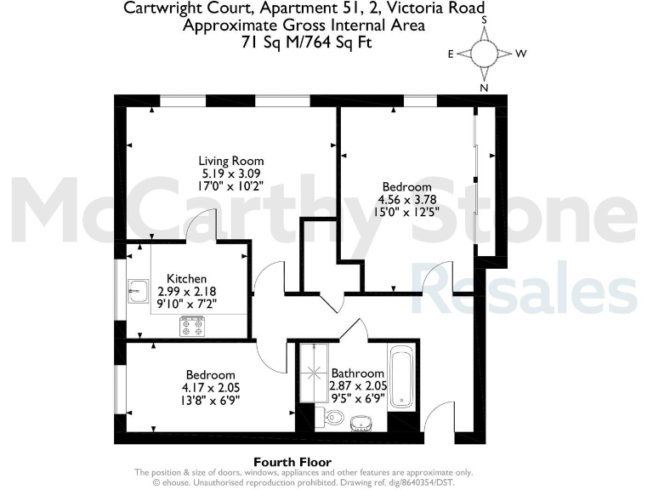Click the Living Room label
pyautogui.click(x=230, y=161)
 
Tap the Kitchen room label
pyautogui.click(x=186, y=278)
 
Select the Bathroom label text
pyautogui.click(x=358, y=373)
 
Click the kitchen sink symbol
pyautogui.click(x=137, y=290)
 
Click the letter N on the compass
pyautogui.click(x=484, y=87)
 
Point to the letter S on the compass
pyautogui.click(x=484, y=18)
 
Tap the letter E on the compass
pyautogui.click(x=451, y=53)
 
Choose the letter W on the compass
pyautogui.click(x=520, y=53)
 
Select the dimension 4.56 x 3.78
pyautogui.click(x=406, y=201)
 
